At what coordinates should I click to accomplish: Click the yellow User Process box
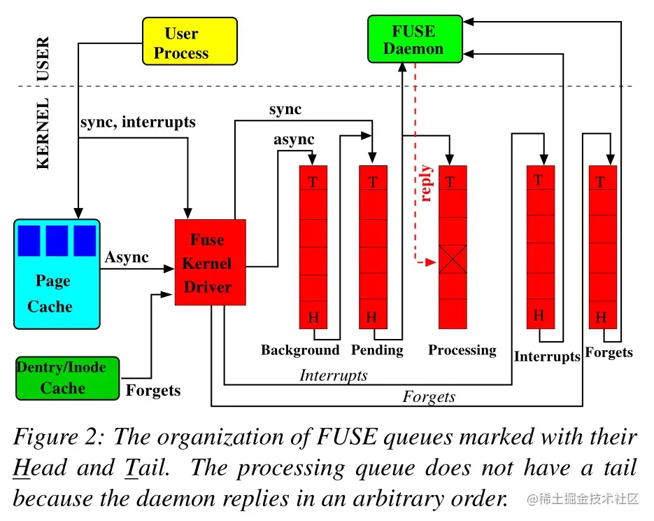(x=190, y=42)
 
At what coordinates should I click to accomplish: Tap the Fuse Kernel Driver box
(x=210, y=263)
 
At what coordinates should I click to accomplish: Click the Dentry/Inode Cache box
(x=67, y=378)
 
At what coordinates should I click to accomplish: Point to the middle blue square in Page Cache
(x=57, y=240)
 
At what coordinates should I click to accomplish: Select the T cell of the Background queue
(x=313, y=181)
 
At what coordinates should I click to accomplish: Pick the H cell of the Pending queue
(x=372, y=317)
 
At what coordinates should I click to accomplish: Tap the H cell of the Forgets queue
(x=602, y=317)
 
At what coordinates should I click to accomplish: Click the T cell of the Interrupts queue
(x=540, y=179)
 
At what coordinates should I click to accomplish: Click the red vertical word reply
(x=426, y=184)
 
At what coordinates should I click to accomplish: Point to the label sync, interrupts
(x=138, y=122)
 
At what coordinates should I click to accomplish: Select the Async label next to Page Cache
(x=127, y=257)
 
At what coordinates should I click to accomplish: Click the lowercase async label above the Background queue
(x=294, y=139)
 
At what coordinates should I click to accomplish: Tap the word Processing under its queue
(x=462, y=350)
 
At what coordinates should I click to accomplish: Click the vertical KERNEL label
(x=43, y=134)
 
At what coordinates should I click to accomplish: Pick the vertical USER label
(x=43, y=59)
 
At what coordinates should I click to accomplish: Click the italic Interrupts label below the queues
(x=333, y=375)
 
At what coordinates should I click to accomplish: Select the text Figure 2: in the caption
(x=59, y=438)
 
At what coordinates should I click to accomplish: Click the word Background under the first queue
(x=300, y=350)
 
